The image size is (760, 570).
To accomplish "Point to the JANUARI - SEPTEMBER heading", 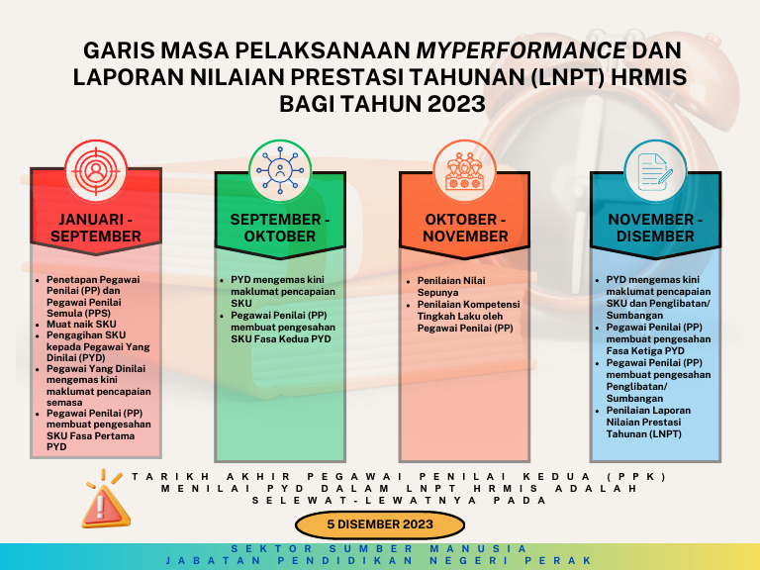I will [96, 228].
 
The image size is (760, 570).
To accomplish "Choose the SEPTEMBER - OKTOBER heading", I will [280, 228].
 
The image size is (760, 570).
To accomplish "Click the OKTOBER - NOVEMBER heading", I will [465, 228].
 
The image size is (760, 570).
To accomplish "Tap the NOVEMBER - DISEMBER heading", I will [655, 228].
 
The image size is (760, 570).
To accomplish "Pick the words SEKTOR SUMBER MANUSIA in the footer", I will [379, 548].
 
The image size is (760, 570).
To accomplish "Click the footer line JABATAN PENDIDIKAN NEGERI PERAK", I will [379, 560].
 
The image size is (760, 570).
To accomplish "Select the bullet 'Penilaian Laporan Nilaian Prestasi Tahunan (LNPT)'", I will [651, 422].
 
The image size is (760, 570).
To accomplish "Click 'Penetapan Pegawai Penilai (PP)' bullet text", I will [94, 285].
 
